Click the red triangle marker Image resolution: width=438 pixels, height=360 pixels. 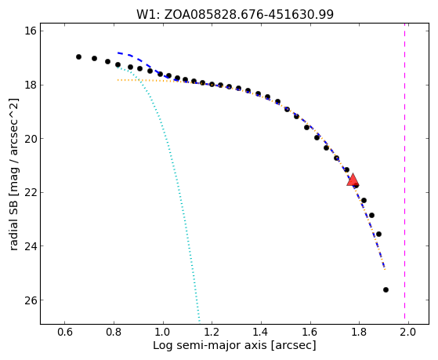pos(353,180)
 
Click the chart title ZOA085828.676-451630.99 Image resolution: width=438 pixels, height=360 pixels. pos(248,14)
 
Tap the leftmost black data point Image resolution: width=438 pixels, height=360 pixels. pos(79,56)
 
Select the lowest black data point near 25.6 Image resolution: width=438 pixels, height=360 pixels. pos(386,289)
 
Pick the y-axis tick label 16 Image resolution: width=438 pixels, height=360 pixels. pos(31,31)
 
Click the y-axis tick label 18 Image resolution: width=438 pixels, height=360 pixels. pos(31,85)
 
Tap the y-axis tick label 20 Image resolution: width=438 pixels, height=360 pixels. pos(31,139)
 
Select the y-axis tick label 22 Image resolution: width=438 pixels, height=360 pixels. pos(31,192)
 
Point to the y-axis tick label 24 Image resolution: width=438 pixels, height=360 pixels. pos(31,245)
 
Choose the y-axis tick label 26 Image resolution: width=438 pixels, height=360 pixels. pos(31,300)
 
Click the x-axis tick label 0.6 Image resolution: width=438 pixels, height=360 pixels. pos(65,333)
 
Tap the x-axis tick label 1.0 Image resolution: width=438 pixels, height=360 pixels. pos(163,333)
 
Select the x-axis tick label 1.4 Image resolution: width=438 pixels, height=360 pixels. pos(261,333)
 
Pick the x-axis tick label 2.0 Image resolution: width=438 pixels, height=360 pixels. pos(408,333)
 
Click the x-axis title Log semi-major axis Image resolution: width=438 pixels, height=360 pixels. pos(209,345)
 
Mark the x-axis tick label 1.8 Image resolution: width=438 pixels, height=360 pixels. pos(359,333)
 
